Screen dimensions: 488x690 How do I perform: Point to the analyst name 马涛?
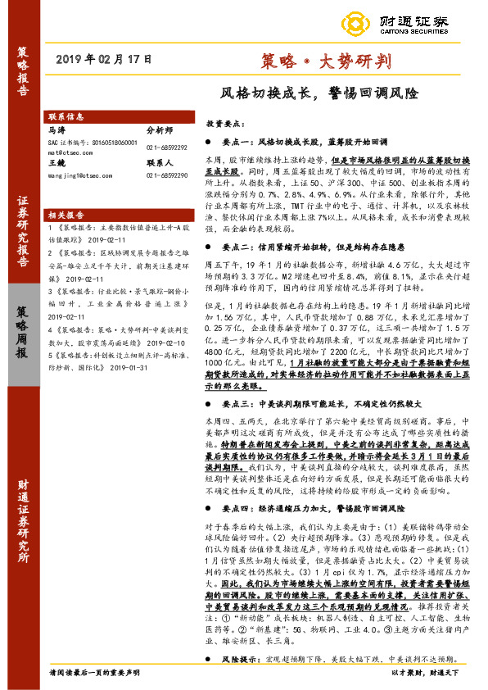pos(56,129)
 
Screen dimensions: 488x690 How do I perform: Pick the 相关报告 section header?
pos(67,211)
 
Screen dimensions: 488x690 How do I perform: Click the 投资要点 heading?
pos(224,122)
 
